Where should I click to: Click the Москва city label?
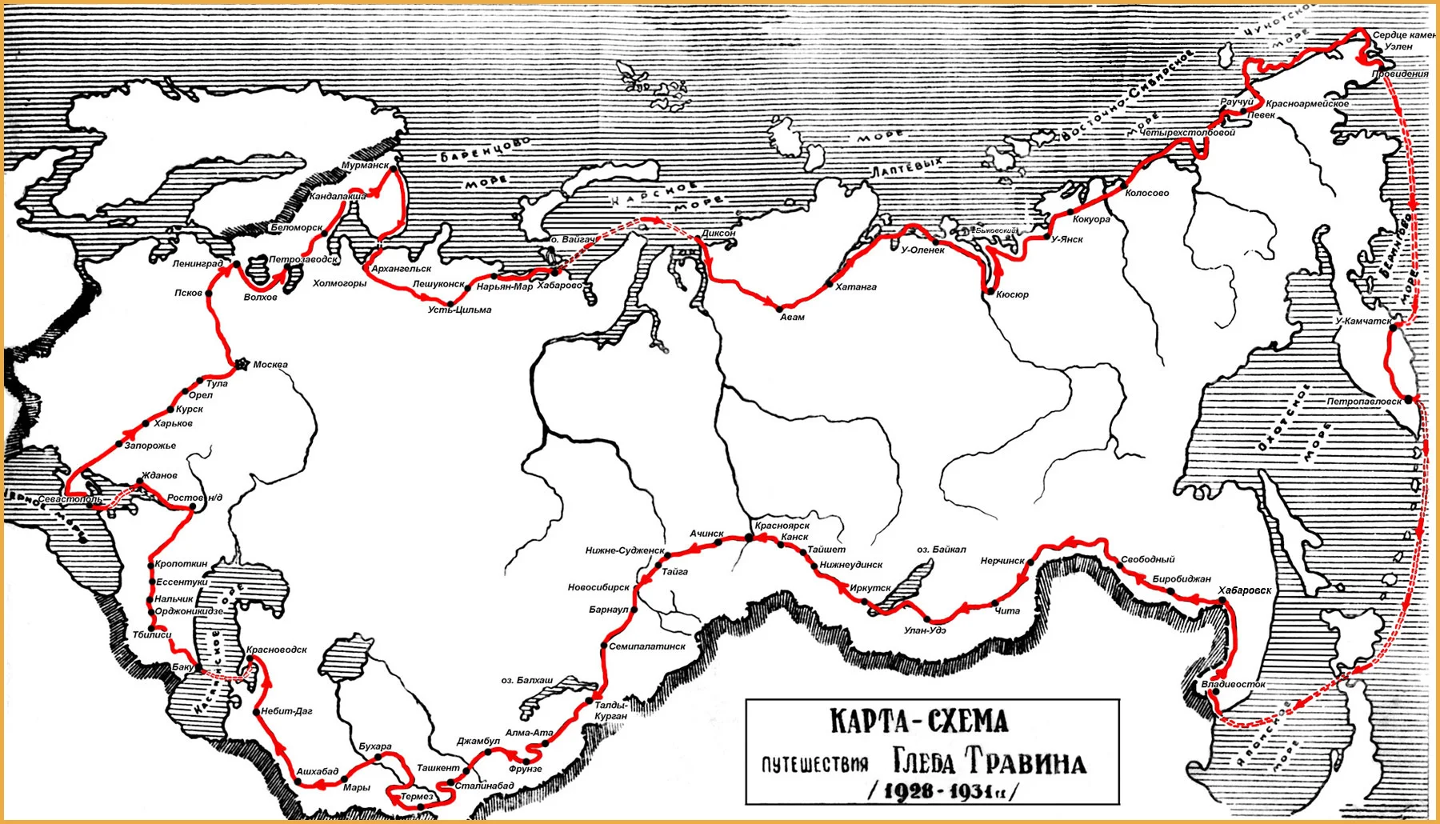(270, 365)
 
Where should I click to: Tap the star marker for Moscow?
(242, 364)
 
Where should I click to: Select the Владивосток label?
(1233, 684)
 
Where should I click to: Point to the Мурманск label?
(365, 166)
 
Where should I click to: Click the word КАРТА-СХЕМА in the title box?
(918, 721)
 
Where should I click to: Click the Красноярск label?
(782, 526)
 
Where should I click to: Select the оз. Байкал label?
(941, 550)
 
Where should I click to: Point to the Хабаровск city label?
(1244, 590)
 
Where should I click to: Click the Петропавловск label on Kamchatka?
(1363, 401)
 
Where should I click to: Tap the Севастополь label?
(70, 499)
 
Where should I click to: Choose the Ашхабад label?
(317, 771)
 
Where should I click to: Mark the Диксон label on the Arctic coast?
(718, 234)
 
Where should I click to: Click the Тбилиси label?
(152, 634)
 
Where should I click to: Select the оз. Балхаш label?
(526, 680)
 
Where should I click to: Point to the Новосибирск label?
(598, 587)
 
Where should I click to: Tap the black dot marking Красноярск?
(750, 538)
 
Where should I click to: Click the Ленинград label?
(197, 263)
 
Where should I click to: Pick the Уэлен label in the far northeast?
(1398, 46)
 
